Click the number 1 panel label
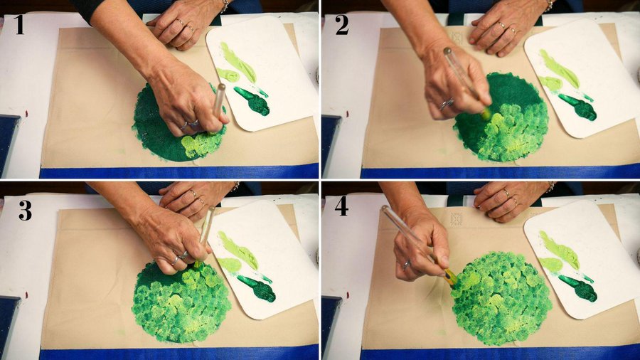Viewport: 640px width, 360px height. (19, 25)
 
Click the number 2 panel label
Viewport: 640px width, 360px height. (341, 25)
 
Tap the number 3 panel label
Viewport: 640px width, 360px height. (25, 211)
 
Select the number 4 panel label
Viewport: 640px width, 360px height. (341, 206)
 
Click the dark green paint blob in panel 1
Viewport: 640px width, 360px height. (253, 100)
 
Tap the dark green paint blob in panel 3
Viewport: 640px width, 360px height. (257, 287)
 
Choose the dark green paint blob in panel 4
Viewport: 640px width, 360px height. (578, 287)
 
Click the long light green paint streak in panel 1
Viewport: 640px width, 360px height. (238, 62)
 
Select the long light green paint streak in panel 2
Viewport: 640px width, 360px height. (559, 68)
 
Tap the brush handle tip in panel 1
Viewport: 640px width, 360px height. (221, 87)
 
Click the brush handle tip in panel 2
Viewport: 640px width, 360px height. (448, 51)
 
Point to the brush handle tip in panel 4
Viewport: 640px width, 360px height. (385, 208)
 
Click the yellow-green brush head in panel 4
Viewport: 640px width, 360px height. (451, 277)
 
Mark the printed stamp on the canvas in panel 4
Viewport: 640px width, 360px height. (457, 219)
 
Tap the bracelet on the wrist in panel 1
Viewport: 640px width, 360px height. (225, 6)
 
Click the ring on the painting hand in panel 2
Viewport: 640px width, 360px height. (446, 104)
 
